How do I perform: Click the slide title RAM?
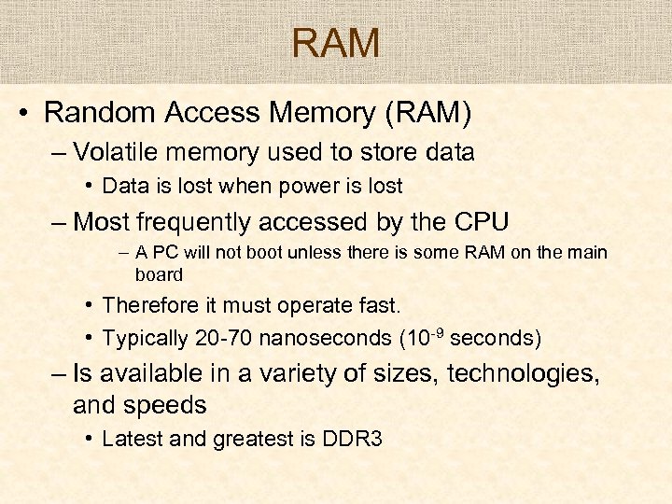(336, 43)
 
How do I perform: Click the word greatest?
(258, 439)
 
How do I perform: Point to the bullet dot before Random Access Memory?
(23, 114)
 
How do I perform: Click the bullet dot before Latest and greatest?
(86, 438)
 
